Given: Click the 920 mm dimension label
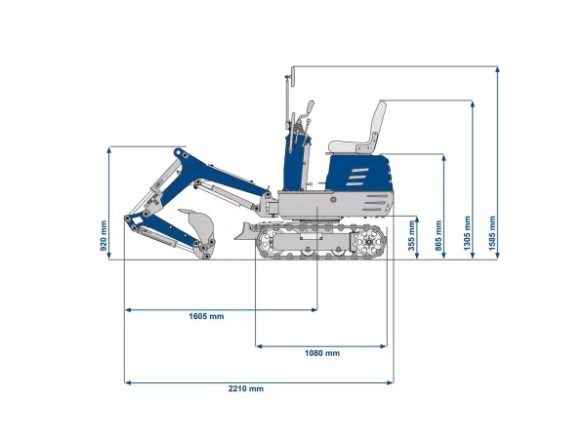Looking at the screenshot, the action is [x=104, y=236].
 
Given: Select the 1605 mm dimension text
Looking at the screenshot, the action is [x=206, y=316].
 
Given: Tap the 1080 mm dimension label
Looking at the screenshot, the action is [x=322, y=353].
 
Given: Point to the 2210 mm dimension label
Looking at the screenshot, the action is [x=246, y=389].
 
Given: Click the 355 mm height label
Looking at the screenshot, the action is [x=411, y=235].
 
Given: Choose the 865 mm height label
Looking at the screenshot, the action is [x=439, y=235].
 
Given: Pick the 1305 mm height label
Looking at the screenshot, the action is [x=467, y=233].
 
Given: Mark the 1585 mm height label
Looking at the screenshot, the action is [x=492, y=233].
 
